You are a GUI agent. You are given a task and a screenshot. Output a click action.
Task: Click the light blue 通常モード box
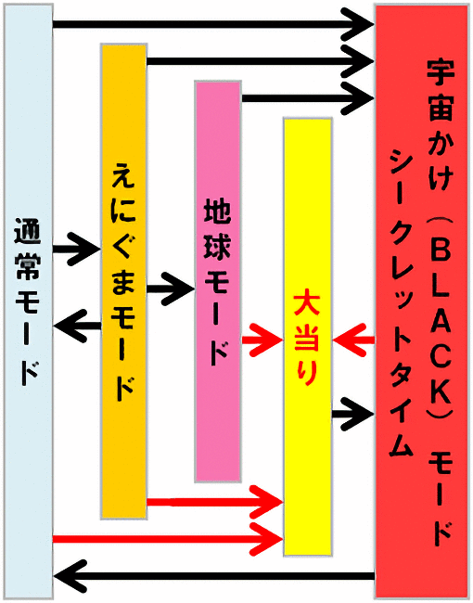tap(28, 301)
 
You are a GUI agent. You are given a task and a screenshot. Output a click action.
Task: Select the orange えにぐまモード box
tap(124, 281)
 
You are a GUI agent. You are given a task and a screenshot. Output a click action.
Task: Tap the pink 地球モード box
tap(218, 281)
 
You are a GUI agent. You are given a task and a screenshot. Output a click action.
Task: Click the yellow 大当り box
tap(308, 337)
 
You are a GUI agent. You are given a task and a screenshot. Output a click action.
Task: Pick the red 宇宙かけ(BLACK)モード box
tap(421, 301)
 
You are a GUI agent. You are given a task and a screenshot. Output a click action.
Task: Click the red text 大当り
tap(307, 340)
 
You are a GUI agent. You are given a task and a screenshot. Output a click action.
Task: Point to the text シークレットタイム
tap(401, 303)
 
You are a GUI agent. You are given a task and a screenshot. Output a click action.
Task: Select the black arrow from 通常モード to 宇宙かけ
tap(213, 24)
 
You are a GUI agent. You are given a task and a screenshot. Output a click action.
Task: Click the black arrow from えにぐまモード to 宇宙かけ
tap(261, 60)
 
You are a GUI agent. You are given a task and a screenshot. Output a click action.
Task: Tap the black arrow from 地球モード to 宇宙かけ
tap(308, 98)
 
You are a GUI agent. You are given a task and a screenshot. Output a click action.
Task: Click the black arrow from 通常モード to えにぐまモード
tap(76, 249)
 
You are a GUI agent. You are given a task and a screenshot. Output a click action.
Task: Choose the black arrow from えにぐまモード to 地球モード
tap(171, 289)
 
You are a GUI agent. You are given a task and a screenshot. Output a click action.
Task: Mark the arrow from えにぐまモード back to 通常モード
tap(77, 327)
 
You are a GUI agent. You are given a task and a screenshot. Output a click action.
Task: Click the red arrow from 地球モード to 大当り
tap(262, 340)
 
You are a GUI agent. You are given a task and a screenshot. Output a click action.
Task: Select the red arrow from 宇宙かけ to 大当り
tap(353, 340)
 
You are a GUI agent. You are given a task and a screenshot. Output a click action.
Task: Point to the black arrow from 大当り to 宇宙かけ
tap(352, 414)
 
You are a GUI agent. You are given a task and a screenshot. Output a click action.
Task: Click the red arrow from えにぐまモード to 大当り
tap(215, 502)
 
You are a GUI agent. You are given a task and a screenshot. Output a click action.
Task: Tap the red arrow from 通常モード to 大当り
tap(168, 539)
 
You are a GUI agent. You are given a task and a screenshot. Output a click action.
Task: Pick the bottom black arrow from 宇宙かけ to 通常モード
tap(214, 576)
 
